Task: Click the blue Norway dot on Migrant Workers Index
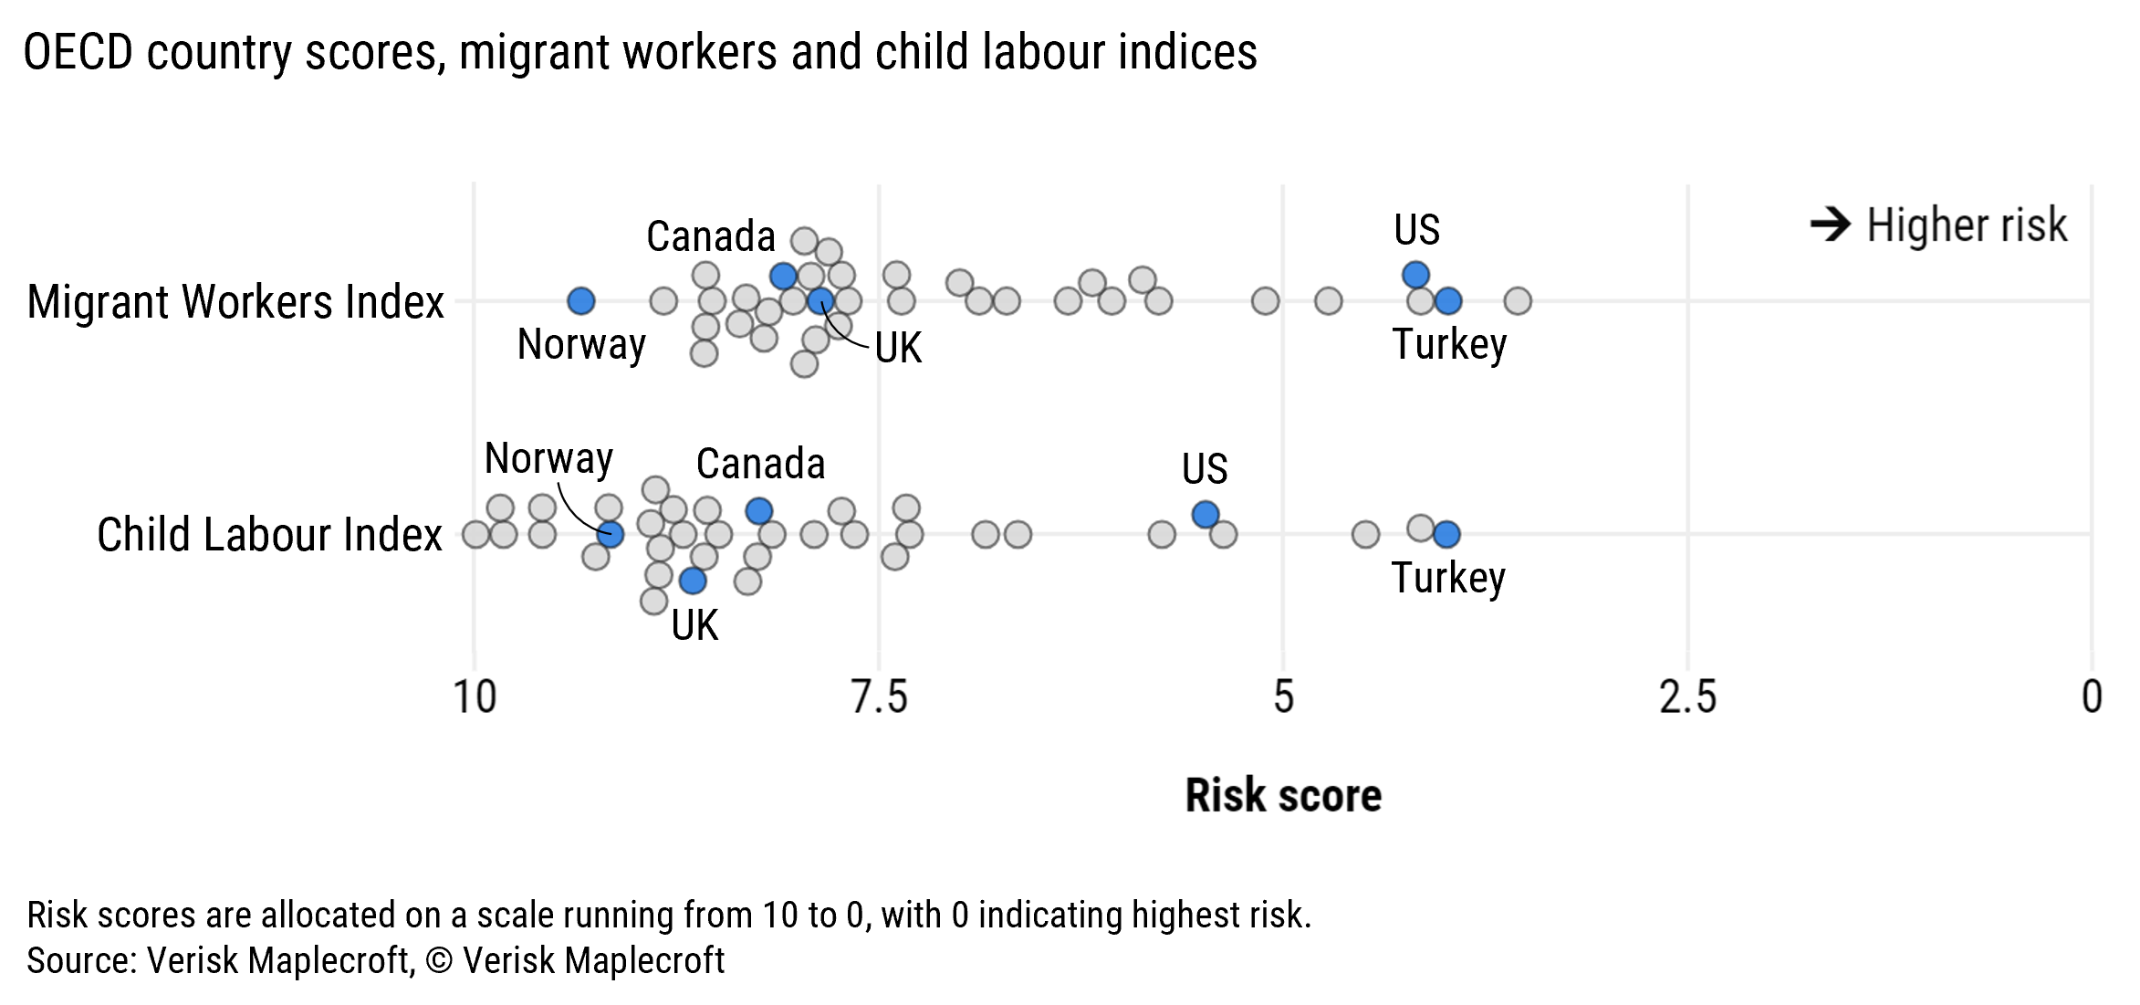click(581, 300)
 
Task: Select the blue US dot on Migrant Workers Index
click(1415, 274)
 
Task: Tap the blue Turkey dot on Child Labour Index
click(1446, 534)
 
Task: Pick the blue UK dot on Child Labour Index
click(693, 581)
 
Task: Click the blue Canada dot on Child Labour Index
click(759, 511)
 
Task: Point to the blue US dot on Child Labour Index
click(1206, 515)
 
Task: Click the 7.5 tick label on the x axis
click(879, 697)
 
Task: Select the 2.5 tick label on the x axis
click(1687, 697)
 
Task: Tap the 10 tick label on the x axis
click(475, 697)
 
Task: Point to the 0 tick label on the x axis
click(2092, 697)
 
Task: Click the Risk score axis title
click(1283, 795)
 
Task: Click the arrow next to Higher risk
click(1830, 225)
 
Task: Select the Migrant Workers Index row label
click(235, 302)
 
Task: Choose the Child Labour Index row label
click(269, 535)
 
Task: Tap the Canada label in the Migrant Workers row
click(711, 236)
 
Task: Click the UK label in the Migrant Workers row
click(898, 348)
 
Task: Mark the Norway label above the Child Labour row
click(548, 458)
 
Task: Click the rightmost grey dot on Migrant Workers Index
click(1518, 300)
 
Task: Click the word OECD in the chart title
click(78, 52)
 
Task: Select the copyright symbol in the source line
click(439, 960)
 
